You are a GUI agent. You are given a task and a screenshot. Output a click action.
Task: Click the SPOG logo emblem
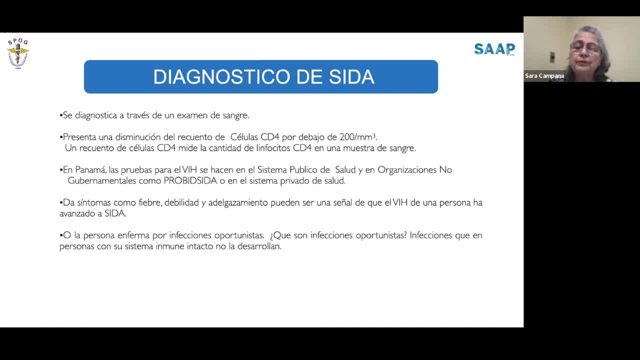[18, 53]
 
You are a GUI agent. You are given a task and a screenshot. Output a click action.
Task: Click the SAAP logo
[494, 49]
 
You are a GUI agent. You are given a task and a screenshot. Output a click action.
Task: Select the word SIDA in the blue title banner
[351, 77]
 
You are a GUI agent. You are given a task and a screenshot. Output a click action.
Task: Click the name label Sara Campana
[544, 76]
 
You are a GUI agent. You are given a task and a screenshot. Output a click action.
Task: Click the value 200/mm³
[357, 137]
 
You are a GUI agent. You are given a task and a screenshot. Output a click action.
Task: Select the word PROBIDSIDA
[190, 181]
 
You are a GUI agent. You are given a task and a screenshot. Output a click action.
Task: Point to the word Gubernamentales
[101, 181]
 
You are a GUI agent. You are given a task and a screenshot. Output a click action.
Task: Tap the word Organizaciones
[407, 170]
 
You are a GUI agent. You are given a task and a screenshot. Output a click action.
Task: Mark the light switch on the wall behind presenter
[552, 57]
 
